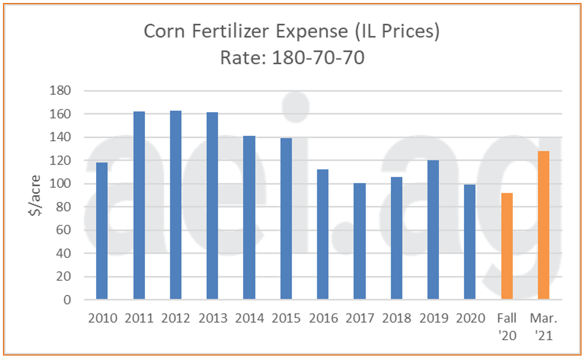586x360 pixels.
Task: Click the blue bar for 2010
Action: [x=102, y=231]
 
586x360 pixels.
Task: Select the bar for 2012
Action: [x=176, y=205]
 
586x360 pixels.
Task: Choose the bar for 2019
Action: [x=433, y=229]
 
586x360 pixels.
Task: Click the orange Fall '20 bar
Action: [x=507, y=246]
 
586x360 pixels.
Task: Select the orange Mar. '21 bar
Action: [x=543, y=225]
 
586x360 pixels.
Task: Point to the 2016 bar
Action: [x=322, y=234]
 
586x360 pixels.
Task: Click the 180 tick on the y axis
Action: [x=60, y=91]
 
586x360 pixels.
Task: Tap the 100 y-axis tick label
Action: [x=60, y=184]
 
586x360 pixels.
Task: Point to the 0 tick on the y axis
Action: [x=67, y=300]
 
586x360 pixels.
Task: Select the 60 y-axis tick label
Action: [x=63, y=230]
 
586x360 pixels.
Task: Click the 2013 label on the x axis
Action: [x=213, y=319]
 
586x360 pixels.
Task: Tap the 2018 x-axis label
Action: [x=396, y=319]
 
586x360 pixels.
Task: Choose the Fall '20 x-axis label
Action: [x=507, y=327]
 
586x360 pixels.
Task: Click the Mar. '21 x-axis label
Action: [x=543, y=327]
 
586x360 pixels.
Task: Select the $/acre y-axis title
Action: [x=35, y=196]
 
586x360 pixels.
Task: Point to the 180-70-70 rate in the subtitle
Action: [x=318, y=58]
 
